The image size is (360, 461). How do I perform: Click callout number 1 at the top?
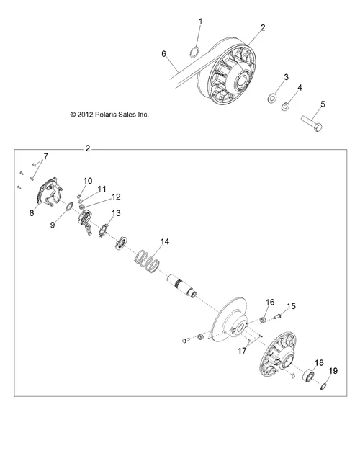[200, 22]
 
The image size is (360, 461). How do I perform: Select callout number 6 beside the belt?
[164, 54]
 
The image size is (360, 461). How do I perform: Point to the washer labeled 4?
[286, 107]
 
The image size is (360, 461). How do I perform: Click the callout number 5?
[322, 104]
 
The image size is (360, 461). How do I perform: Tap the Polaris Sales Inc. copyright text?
[109, 113]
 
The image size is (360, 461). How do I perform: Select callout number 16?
[251, 301]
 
